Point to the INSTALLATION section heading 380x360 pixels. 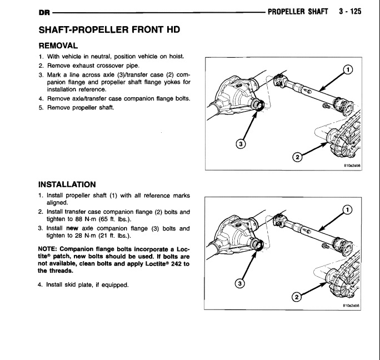(67, 184)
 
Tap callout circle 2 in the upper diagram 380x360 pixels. (297, 157)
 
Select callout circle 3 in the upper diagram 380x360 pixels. (240, 144)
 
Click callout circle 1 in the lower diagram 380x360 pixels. (347, 209)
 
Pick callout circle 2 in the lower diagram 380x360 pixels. (297, 297)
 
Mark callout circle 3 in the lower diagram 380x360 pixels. (240, 284)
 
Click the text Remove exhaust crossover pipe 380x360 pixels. (89, 66)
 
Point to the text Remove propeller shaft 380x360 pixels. (79, 107)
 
